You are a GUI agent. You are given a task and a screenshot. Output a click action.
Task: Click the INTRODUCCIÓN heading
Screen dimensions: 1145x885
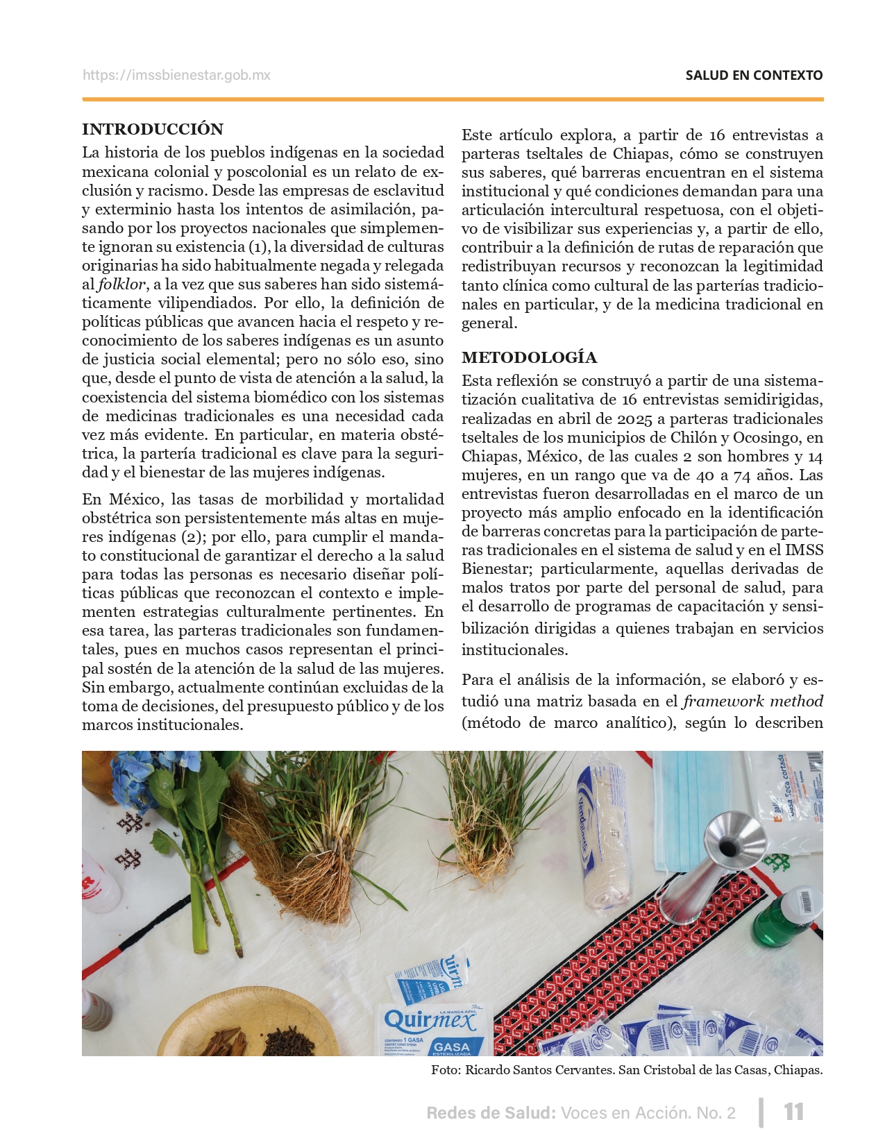[153, 129]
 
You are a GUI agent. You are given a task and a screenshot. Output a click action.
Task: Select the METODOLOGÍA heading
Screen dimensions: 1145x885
[529, 357]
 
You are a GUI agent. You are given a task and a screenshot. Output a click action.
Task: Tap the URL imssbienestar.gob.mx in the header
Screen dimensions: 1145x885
[176, 75]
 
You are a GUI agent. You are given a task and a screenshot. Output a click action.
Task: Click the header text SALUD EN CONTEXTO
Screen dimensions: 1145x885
[754, 75]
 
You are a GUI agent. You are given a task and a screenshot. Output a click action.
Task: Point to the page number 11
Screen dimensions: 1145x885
[793, 1112]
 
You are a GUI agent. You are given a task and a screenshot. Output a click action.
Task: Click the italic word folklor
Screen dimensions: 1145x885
[121, 285]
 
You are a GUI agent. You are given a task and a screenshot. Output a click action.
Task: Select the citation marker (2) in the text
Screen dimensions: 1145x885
[191, 536]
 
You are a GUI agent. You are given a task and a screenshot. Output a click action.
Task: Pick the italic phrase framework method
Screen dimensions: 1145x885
[753, 702]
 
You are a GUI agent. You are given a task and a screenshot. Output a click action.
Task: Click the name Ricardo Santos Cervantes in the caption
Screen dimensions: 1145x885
[539, 1070]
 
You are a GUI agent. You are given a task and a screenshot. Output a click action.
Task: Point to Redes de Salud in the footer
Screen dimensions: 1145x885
[491, 1113]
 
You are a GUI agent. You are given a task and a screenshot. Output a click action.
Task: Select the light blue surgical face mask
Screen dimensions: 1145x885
[701, 791]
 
